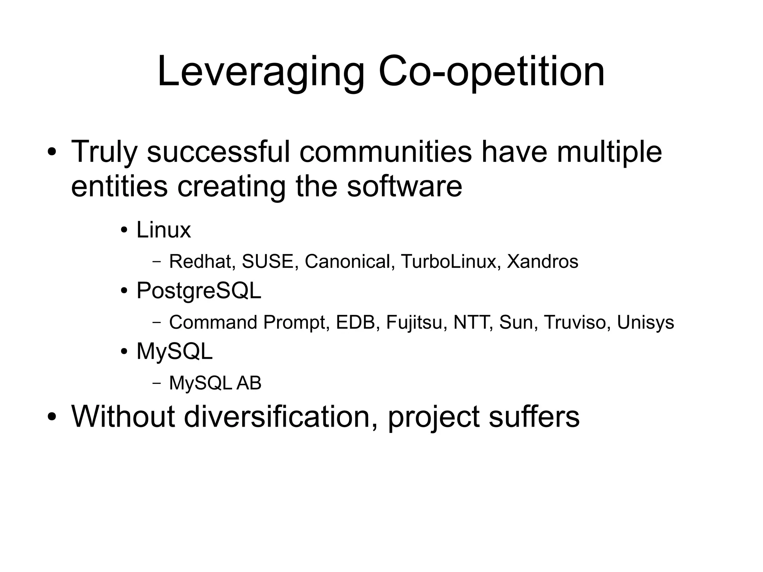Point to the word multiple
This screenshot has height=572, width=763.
(x=609, y=152)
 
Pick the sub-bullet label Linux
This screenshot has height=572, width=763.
(x=163, y=230)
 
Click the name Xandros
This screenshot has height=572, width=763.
(x=542, y=261)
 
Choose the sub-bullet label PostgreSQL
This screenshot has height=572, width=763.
(x=199, y=291)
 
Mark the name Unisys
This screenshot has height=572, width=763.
(x=645, y=322)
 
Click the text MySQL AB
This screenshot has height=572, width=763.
(x=215, y=383)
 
